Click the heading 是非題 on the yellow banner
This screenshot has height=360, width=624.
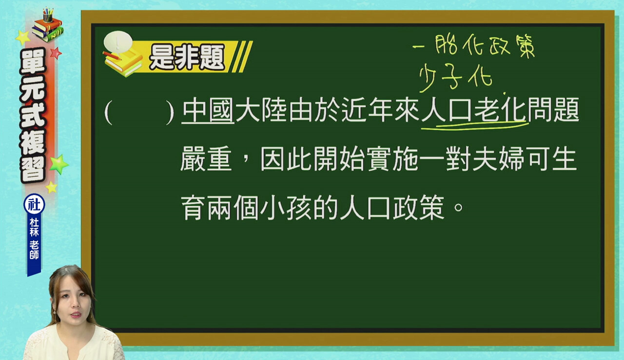tap(187, 57)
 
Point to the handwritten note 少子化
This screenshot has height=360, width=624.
tap(456, 77)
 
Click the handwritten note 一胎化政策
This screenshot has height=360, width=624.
tap(473, 46)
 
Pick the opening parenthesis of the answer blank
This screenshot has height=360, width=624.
tap(108, 112)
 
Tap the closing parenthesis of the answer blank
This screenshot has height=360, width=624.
tap(170, 112)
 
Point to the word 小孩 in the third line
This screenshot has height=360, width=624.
tap(286, 207)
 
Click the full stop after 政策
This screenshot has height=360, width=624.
tap(458, 207)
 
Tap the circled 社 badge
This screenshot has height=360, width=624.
tap(34, 204)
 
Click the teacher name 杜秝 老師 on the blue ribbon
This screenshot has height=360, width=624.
tap(34, 239)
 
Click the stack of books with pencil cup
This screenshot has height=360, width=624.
tap(48, 25)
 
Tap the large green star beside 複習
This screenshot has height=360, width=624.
tap(59, 164)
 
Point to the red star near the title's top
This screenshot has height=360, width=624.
tap(56, 53)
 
